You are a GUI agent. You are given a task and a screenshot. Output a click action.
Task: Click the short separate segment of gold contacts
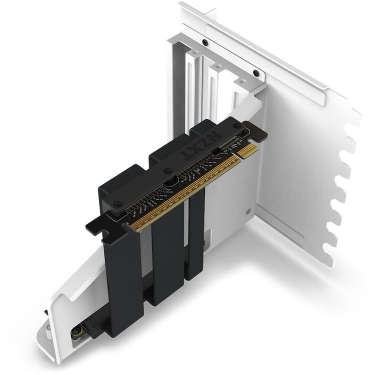(248, 150)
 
